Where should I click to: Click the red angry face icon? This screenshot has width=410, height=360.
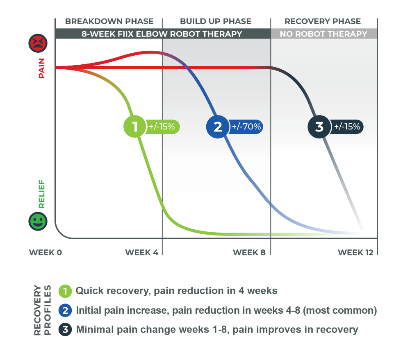[x=38, y=43]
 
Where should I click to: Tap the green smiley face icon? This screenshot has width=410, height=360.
[x=38, y=221]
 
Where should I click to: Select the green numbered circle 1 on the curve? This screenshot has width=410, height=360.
[x=134, y=127]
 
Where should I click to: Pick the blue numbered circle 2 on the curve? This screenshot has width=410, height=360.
[x=218, y=127]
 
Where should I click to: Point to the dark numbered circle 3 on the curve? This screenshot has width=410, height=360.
[x=319, y=127]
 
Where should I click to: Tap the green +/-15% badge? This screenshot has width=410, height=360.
[x=162, y=127]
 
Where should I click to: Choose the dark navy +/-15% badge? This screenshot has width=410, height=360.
[x=347, y=127]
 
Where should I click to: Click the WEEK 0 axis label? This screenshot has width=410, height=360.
[x=46, y=252]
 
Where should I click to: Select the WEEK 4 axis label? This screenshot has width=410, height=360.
[x=142, y=252]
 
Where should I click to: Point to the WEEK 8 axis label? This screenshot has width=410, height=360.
[x=249, y=252]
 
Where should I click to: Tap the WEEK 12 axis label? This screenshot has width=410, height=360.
[x=355, y=252]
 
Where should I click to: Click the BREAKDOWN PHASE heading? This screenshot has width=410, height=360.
[x=109, y=21]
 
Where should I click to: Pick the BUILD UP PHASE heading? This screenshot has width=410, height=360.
[x=216, y=21]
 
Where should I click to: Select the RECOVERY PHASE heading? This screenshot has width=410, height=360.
[x=323, y=21]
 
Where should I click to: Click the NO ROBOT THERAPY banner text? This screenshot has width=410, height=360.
[x=323, y=34]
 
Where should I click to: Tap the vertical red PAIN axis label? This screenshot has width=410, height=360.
[x=41, y=68]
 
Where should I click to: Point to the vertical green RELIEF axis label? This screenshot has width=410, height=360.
[x=41, y=194]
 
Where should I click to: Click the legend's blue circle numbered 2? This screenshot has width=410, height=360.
[x=65, y=310]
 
